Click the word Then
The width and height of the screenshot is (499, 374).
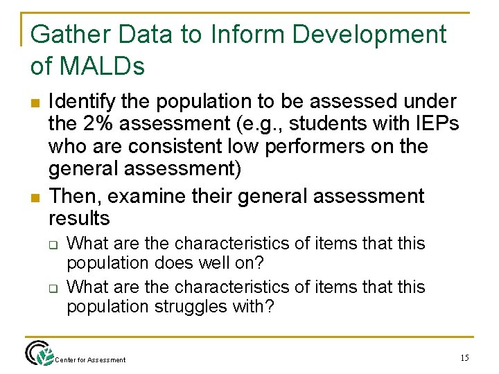tap(73, 196)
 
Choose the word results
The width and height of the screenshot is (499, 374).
tap(79, 219)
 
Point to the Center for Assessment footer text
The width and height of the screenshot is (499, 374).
tap(91, 359)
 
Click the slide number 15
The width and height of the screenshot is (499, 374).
tap(464, 357)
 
